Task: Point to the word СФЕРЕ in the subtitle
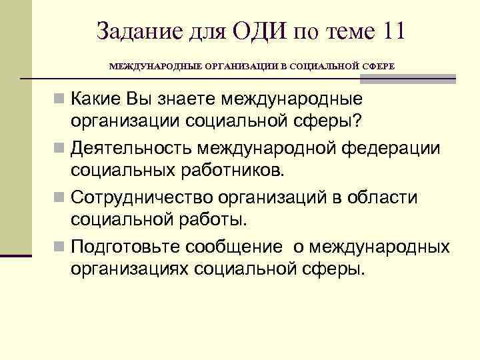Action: (378, 67)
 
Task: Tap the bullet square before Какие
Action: (61, 99)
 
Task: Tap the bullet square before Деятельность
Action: (61, 147)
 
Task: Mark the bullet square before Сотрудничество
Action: (61, 197)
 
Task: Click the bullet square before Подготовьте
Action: (61, 247)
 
